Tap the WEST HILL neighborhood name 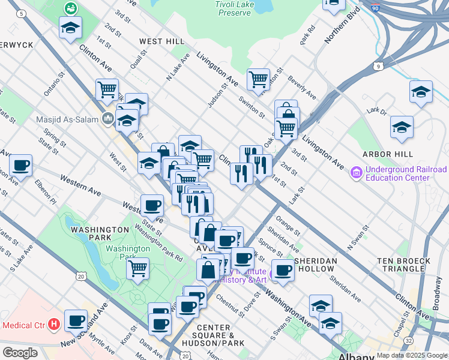[162, 41]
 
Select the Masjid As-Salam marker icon [107, 118]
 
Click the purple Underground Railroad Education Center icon [357, 173]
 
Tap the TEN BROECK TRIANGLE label [403, 265]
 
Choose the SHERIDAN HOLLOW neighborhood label [315, 265]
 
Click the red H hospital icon [55, 325]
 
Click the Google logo [20, 352]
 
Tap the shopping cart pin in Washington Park [138, 268]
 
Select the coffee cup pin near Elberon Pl [20, 165]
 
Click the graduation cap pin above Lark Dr [421, 92]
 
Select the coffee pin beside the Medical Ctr [76, 320]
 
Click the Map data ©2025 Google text [411, 355]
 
